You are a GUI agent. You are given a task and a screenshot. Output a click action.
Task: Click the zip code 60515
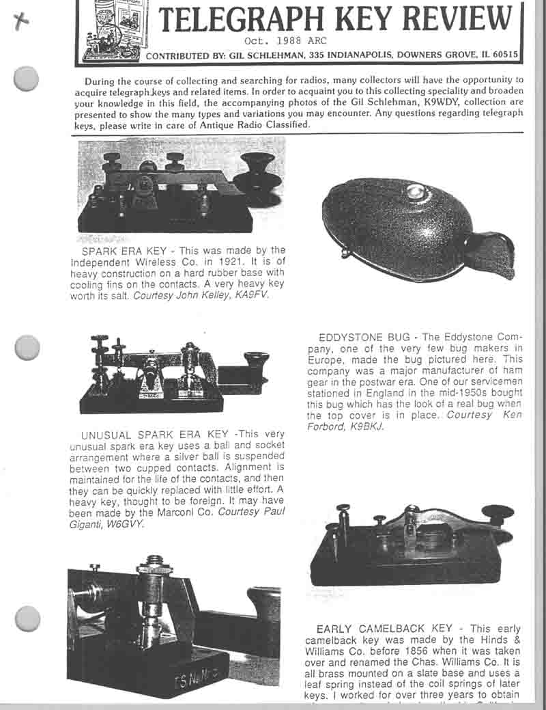[x=504, y=55]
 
